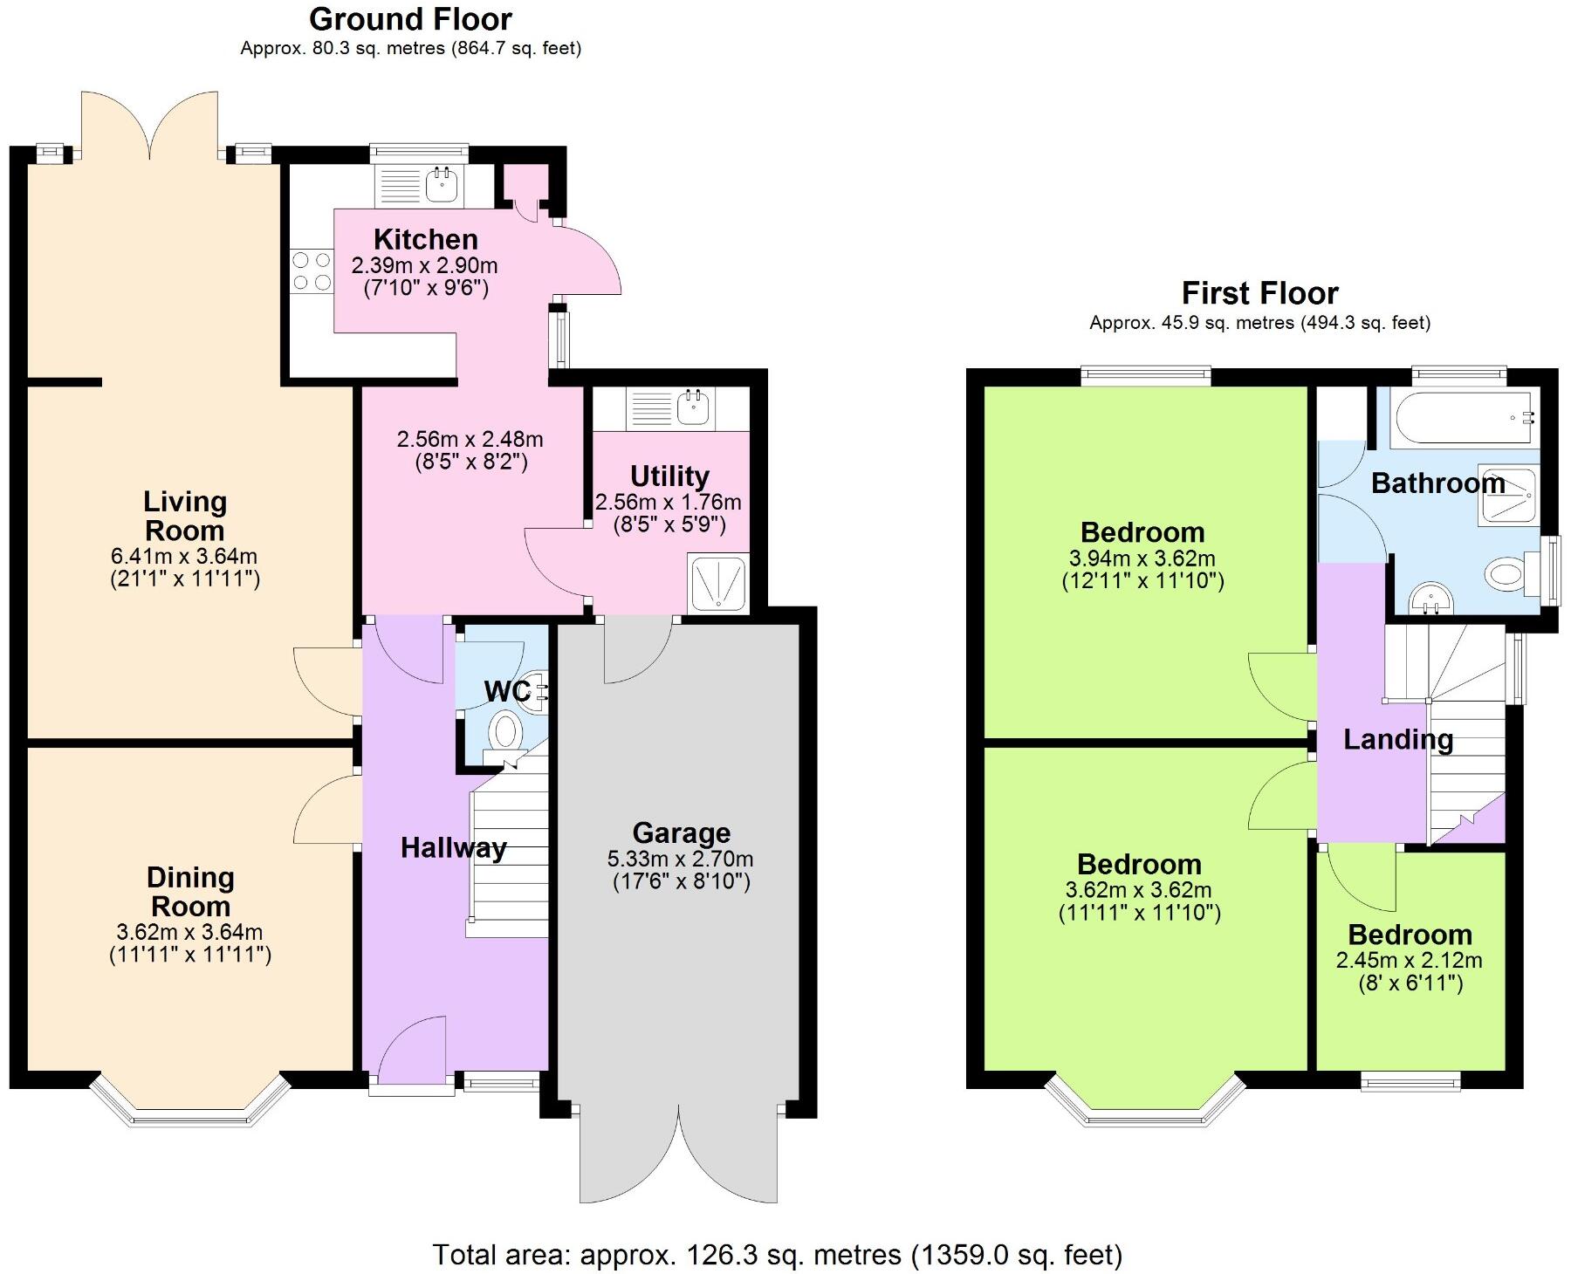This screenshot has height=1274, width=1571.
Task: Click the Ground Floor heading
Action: tap(410, 18)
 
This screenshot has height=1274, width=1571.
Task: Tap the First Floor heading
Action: tap(1259, 293)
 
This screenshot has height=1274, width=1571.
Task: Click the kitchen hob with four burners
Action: tap(312, 271)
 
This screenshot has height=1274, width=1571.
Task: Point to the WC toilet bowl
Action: tap(504, 730)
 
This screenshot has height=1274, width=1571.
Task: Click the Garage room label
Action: tap(681, 832)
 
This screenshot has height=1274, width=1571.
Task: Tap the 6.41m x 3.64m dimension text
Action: tap(184, 556)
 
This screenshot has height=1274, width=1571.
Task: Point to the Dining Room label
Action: tap(189, 891)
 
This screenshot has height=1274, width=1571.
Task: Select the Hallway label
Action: tap(453, 847)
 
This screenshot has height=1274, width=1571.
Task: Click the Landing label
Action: tap(1397, 739)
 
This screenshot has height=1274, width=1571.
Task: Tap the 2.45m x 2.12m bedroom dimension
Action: tap(1409, 961)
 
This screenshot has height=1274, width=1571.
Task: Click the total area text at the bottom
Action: tap(777, 1255)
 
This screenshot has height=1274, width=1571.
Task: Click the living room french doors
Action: tap(149, 131)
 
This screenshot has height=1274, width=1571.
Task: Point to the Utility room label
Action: tap(669, 476)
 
